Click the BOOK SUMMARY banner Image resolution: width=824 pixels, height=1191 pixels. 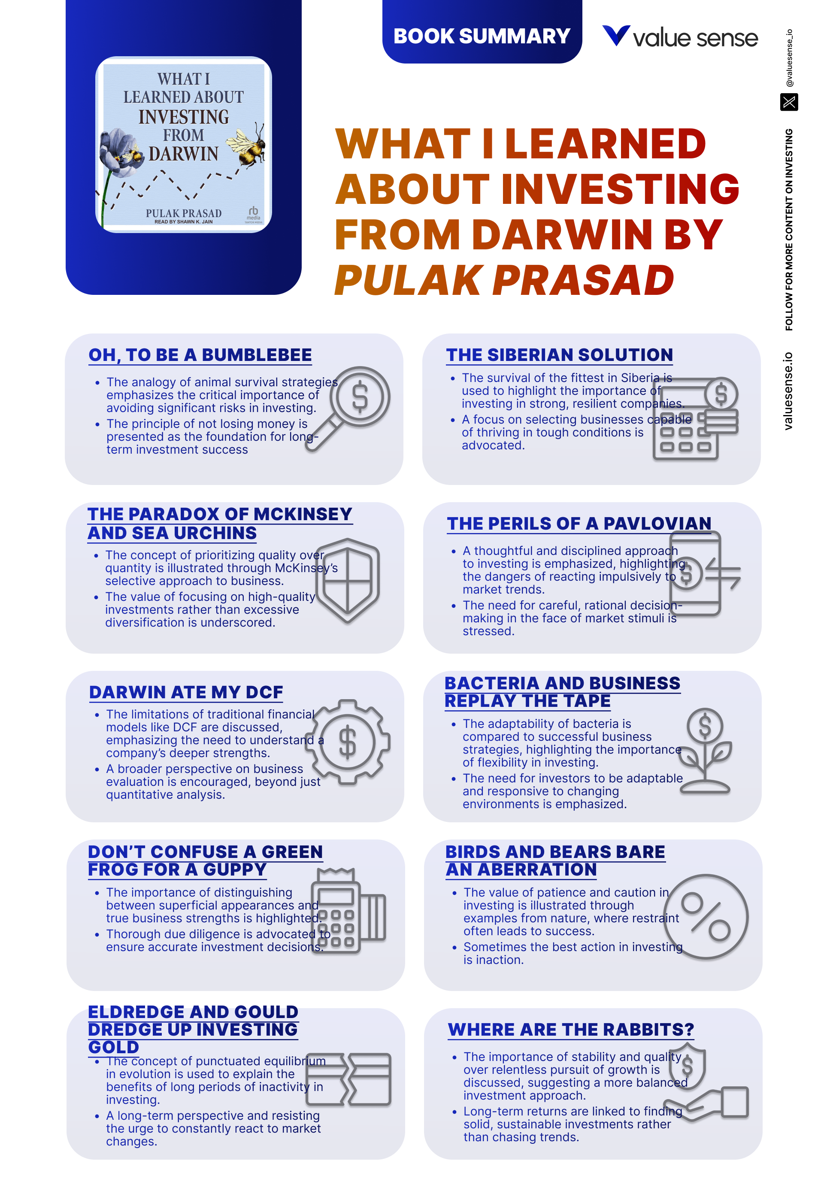pos(481,36)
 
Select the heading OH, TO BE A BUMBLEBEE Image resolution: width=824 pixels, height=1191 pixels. pos(200,355)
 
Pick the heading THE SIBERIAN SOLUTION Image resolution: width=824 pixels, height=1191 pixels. pos(559,355)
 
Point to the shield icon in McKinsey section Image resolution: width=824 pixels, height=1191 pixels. pos(348,579)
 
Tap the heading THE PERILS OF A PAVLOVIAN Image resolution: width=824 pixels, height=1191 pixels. pos(579,524)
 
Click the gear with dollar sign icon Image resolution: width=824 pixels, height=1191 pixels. pos(348,742)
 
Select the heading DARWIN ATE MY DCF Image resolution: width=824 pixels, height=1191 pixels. pos(186,692)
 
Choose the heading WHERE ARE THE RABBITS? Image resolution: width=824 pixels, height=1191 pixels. pos(570,1030)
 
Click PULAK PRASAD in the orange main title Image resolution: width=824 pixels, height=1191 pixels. pos(504,280)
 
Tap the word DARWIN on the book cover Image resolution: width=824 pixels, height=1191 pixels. pos(183,154)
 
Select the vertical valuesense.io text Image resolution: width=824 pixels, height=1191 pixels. pos(788,391)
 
